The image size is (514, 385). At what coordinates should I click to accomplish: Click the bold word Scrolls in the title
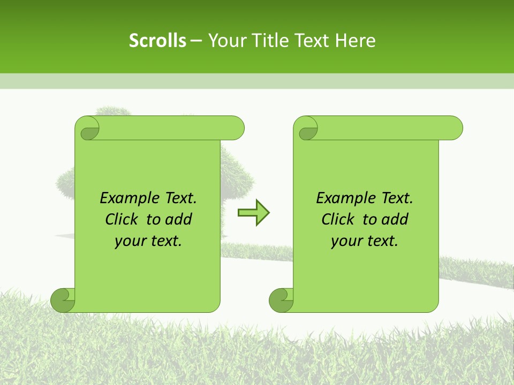[x=157, y=41]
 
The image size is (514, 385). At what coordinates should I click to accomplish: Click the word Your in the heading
[x=227, y=41]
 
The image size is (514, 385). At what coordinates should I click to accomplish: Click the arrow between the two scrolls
[x=253, y=213]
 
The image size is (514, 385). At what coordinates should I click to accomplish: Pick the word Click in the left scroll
[x=122, y=219]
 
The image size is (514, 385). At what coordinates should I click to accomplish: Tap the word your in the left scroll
[x=130, y=241]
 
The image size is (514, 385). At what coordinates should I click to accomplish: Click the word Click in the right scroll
[x=338, y=219]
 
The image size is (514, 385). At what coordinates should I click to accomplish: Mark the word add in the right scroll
[x=396, y=219]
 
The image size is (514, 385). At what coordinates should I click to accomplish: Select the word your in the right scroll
[x=346, y=241]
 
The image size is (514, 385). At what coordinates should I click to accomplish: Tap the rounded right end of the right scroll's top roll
[x=455, y=128]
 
